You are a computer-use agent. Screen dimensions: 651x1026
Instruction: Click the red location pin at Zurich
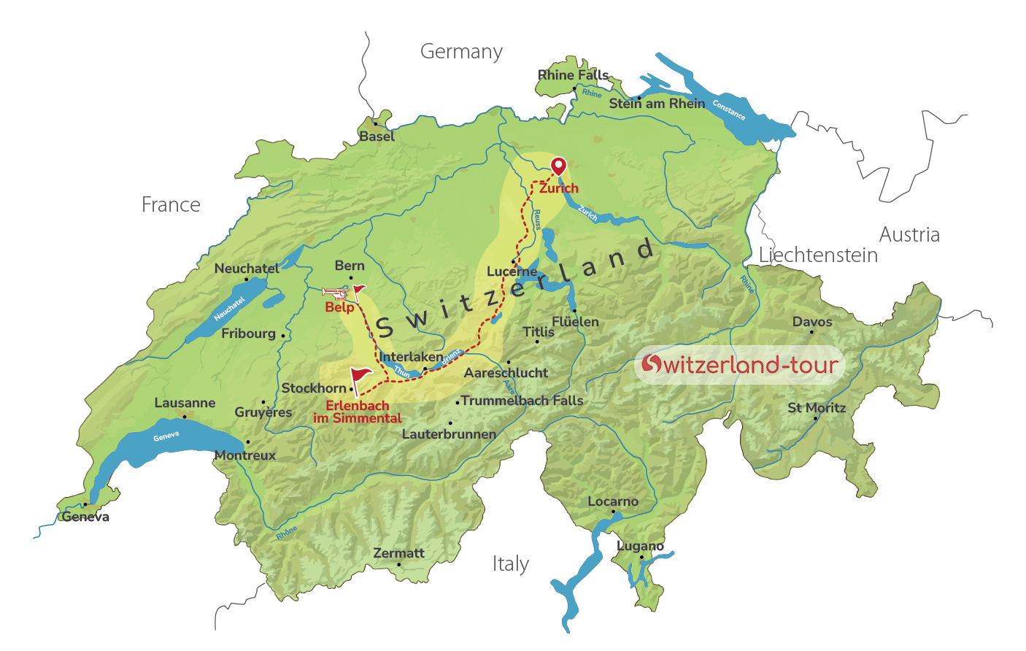[x=558, y=166]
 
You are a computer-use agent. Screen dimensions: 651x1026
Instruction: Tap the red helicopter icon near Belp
[x=336, y=293]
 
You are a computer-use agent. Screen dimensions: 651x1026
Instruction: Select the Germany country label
[x=461, y=52]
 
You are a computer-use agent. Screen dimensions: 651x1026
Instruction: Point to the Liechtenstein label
[x=818, y=255]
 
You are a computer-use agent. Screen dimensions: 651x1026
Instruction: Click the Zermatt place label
[x=398, y=553]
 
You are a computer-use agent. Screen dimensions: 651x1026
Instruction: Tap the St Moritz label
[x=817, y=408]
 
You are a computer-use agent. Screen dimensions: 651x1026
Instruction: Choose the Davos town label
[x=812, y=322]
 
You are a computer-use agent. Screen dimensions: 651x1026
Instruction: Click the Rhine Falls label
[x=573, y=75]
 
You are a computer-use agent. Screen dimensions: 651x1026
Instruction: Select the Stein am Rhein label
[x=657, y=104]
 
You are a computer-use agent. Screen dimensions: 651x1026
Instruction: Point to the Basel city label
[x=377, y=136]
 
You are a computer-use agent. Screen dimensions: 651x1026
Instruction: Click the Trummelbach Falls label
[x=522, y=401]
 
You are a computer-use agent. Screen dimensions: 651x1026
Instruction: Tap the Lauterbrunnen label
[x=449, y=434]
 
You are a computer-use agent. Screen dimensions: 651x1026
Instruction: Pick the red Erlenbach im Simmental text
[x=358, y=412]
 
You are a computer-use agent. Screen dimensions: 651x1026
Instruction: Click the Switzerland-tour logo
[x=740, y=364]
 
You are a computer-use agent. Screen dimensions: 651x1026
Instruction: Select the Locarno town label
[x=613, y=501]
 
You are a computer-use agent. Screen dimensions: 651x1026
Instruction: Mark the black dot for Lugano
[x=641, y=558]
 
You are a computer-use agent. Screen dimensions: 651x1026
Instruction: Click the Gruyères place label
[x=263, y=412]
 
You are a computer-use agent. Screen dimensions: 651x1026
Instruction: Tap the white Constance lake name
[x=728, y=110]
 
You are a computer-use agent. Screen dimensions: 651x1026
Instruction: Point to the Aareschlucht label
[x=506, y=373]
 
